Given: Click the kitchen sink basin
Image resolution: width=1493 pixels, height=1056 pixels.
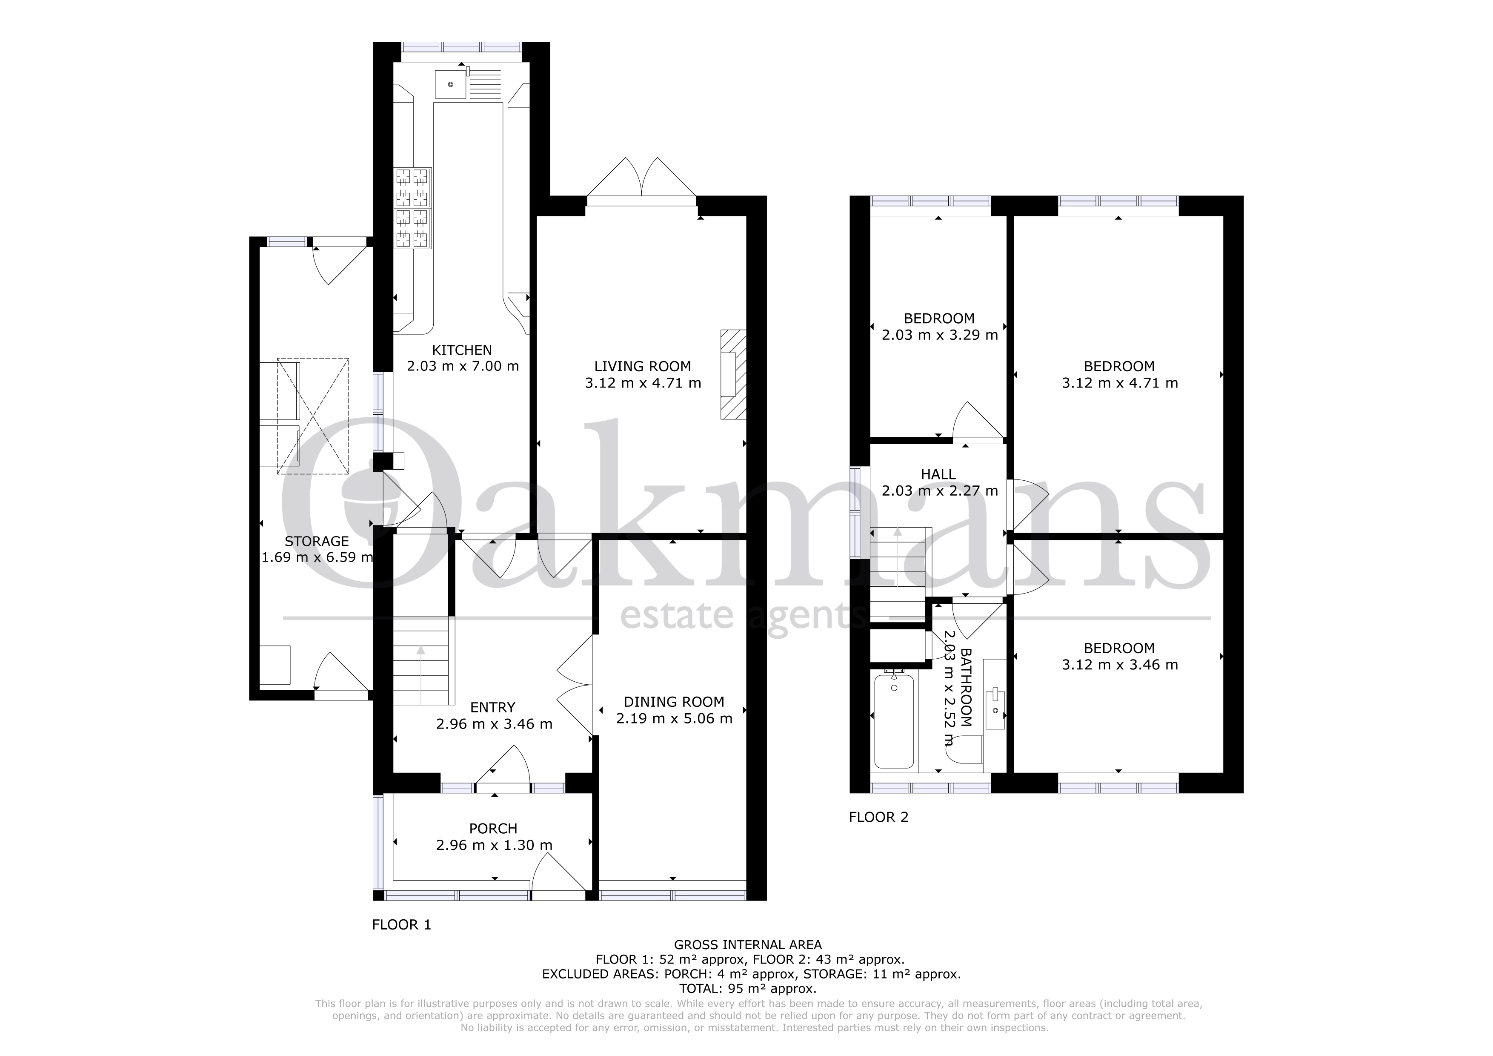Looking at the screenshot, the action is [450, 85].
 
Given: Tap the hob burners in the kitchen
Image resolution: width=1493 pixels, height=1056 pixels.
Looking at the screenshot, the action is [413, 208].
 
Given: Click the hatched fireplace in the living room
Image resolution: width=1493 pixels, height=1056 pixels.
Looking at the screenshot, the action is [733, 375].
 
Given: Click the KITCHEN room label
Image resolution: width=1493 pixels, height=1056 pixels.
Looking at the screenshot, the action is [462, 350].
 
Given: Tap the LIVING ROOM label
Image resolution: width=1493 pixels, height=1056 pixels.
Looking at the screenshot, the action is [643, 366].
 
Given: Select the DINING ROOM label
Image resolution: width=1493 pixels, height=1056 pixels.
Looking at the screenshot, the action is [674, 702].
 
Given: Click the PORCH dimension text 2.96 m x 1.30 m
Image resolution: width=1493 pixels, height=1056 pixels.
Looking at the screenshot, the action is [494, 845].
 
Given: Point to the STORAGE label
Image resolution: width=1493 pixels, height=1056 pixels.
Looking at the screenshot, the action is [317, 541].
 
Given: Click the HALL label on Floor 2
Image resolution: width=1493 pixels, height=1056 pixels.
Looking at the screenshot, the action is [938, 475].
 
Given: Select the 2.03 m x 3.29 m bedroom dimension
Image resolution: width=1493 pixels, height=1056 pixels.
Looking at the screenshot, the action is [940, 335].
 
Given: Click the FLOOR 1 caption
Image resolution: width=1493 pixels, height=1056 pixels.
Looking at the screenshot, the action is [401, 924].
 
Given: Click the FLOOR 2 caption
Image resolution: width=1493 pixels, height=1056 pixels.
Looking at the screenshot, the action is [878, 817].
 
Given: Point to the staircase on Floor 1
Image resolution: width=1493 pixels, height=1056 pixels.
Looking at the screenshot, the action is [421, 660].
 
